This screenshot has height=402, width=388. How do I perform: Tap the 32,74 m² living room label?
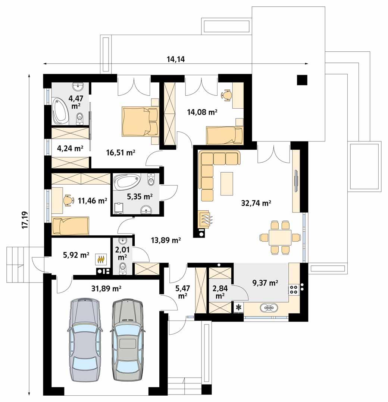(x=256, y=203)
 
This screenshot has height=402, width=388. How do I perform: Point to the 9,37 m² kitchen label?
(x=265, y=283)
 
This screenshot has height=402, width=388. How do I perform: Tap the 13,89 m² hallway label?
(x=166, y=240)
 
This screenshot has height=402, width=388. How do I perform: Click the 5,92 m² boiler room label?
(x=75, y=255)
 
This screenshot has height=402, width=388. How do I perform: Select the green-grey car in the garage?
(x=127, y=339)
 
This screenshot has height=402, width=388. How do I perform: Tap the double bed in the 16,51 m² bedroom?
(x=140, y=121)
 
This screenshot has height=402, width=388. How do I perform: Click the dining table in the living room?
(x=280, y=237)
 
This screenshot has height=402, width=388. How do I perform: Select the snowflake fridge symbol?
(x=238, y=307)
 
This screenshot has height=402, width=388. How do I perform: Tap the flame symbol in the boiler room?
(x=101, y=258)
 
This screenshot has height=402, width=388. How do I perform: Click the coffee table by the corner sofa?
(x=227, y=183)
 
